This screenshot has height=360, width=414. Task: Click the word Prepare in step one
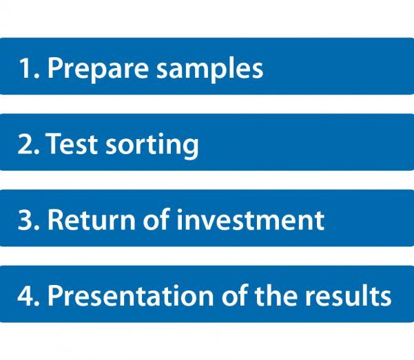pos(98,69)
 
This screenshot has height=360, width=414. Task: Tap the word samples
pos(210,69)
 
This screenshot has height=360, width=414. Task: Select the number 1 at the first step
pos(26,68)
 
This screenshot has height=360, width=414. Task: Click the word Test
pos(72,143)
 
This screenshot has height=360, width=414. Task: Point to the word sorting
pos(152,145)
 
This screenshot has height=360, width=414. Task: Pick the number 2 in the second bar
pos(25,143)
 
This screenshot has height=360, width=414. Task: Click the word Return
pos(92,219)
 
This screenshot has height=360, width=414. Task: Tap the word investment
pos(251,220)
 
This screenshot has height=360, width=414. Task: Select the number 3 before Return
pos(25,220)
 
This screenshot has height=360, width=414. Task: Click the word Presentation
pos(130,295)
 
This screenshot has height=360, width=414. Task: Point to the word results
pos(349,295)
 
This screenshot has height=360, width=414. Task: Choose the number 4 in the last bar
pos(25,295)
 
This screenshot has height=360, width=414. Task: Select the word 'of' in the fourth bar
pos(234,295)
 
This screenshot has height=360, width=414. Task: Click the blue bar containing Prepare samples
pos(207,66)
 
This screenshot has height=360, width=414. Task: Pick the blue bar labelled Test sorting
pos(207,142)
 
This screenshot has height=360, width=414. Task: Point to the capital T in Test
pos(54,143)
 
